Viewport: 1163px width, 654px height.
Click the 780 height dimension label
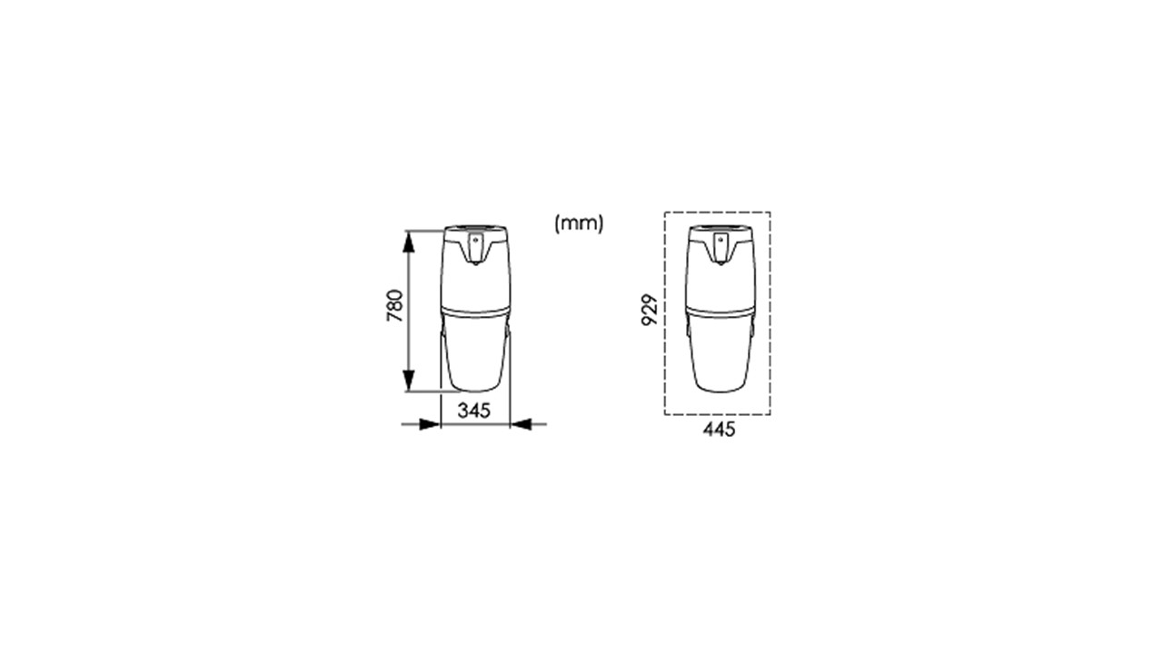[394, 306]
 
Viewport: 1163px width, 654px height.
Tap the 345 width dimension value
[473, 411]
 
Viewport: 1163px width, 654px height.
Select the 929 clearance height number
[650, 310]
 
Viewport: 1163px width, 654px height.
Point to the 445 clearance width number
[719, 430]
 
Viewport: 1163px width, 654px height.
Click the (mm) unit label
[579, 223]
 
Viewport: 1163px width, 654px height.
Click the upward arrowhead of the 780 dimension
[409, 242]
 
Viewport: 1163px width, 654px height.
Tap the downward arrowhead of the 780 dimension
[409, 381]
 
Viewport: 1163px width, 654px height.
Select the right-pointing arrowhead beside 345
[430, 424]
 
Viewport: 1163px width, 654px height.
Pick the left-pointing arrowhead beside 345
[521, 424]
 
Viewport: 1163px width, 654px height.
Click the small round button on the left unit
[475, 241]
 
